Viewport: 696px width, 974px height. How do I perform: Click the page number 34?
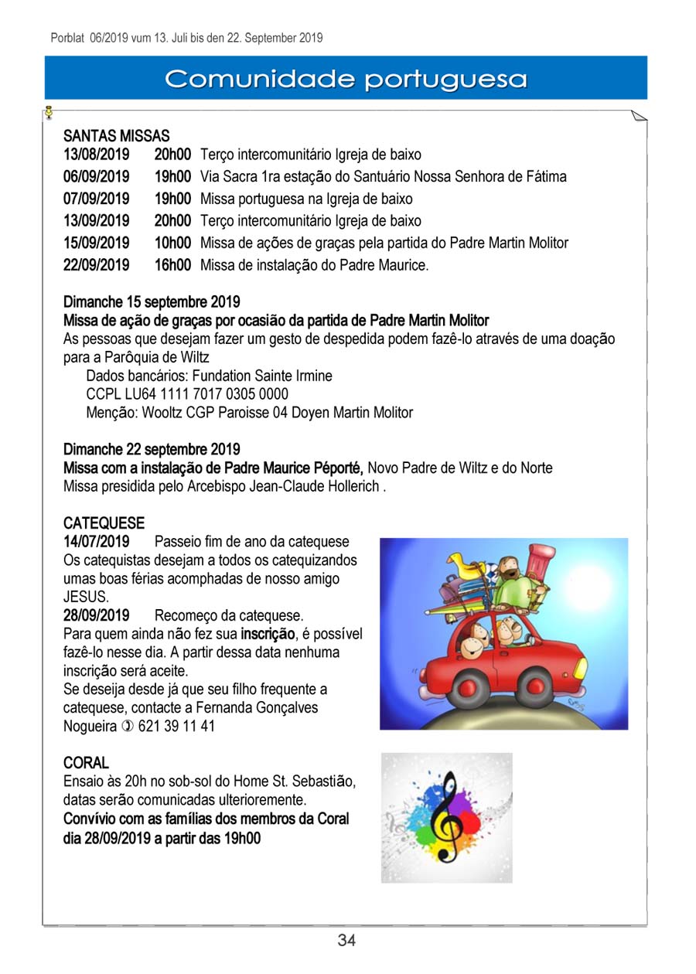tap(346, 941)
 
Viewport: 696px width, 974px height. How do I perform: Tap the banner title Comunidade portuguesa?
tap(346, 79)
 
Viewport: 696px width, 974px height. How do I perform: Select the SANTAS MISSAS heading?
tap(116, 137)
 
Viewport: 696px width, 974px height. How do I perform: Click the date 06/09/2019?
tap(96, 177)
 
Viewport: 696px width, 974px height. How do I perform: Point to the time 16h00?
tap(172, 265)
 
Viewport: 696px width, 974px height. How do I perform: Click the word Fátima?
tap(546, 177)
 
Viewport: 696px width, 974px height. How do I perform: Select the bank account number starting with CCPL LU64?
tap(187, 394)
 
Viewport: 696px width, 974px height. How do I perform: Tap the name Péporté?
tap(336, 468)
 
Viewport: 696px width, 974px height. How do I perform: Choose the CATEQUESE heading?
tap(104, 523)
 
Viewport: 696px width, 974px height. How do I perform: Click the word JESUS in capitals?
tap(86, 597)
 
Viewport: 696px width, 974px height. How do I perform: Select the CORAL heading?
tap(86, 763)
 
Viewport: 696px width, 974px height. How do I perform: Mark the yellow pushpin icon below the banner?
tap(48, 113)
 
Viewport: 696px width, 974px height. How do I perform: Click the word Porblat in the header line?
tap(67, 37)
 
